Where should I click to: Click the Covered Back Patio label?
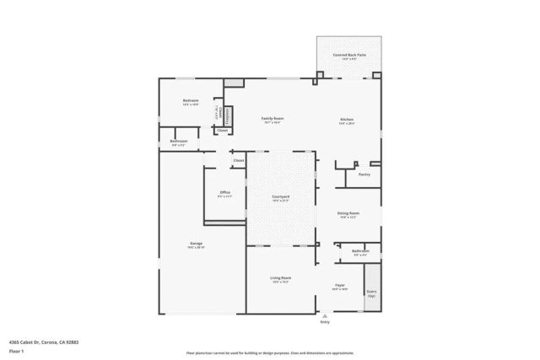coord(348,55)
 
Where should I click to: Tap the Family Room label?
coord(272,118)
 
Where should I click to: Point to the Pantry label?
coord(364,175)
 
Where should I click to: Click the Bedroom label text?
coord(190,100)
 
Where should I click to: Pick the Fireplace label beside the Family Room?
coord(227,116)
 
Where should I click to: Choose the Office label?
coord(225,192)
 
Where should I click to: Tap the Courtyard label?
coord(280,196)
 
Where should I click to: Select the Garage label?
coord(196,244)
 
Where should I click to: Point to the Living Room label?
coord(280,277)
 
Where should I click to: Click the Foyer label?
coord(340,286)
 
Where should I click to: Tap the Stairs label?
coord(371,292)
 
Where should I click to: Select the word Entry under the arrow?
coord(324,322)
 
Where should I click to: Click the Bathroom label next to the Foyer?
coord(360,250)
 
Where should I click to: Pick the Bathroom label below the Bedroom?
coord(178,141)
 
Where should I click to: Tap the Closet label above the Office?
coord(238,160)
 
